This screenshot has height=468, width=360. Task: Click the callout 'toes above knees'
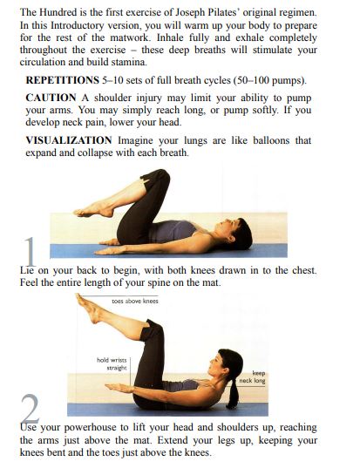(135, 301)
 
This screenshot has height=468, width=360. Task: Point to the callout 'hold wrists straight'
(112, 363)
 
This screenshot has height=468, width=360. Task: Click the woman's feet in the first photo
(91, 210)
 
